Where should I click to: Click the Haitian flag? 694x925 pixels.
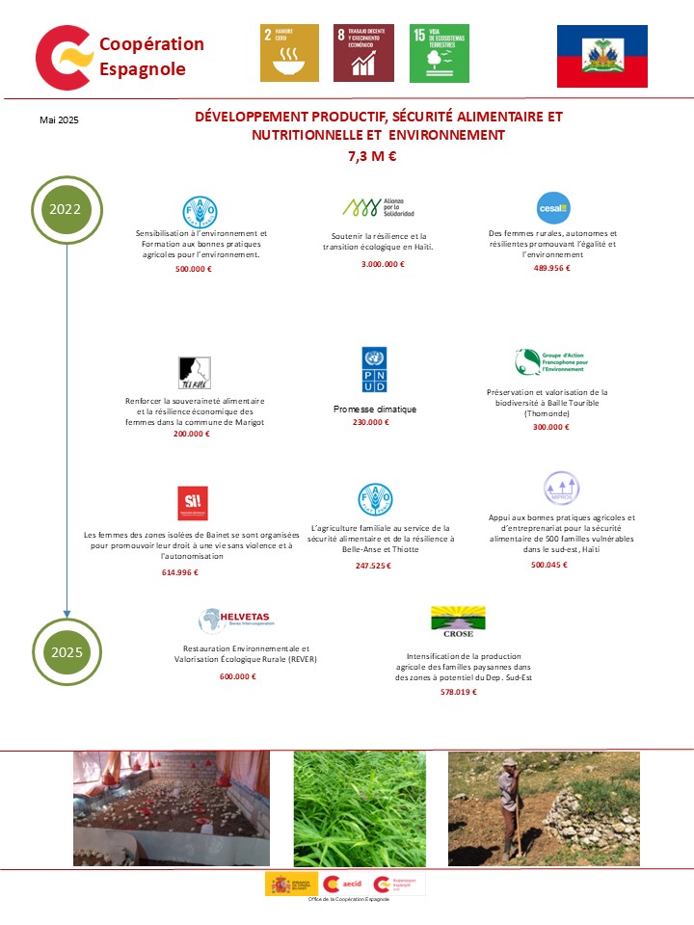(x=602, y=56)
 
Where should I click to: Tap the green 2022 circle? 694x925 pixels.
(x=67, y=208)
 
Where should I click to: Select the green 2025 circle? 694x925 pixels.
(x=67, y=651)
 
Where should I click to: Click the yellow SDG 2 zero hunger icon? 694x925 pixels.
(x=289, y=53)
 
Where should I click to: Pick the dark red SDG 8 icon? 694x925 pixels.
(x=363, y=53)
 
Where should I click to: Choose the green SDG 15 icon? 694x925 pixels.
(x=439, y=53)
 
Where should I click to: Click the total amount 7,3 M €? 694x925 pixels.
(x=372, y=155)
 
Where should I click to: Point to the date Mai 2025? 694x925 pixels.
(x=59, y=119)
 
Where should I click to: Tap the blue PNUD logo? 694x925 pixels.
(x=374, y=370)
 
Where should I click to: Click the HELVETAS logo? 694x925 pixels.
(x=234, y=621)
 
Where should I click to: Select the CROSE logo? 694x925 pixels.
(x=458, y=622)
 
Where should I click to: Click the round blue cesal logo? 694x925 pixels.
(x=553, y=208)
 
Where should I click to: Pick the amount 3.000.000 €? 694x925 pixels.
(x=383, y=264)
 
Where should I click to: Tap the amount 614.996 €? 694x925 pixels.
(x=180, y=572)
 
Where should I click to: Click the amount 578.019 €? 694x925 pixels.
(x=458, y=692)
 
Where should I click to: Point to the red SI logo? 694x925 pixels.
(x=193, y=502)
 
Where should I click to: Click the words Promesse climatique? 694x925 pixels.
(x=375, y=410)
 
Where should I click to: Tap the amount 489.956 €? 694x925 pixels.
(x=551, y=268)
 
